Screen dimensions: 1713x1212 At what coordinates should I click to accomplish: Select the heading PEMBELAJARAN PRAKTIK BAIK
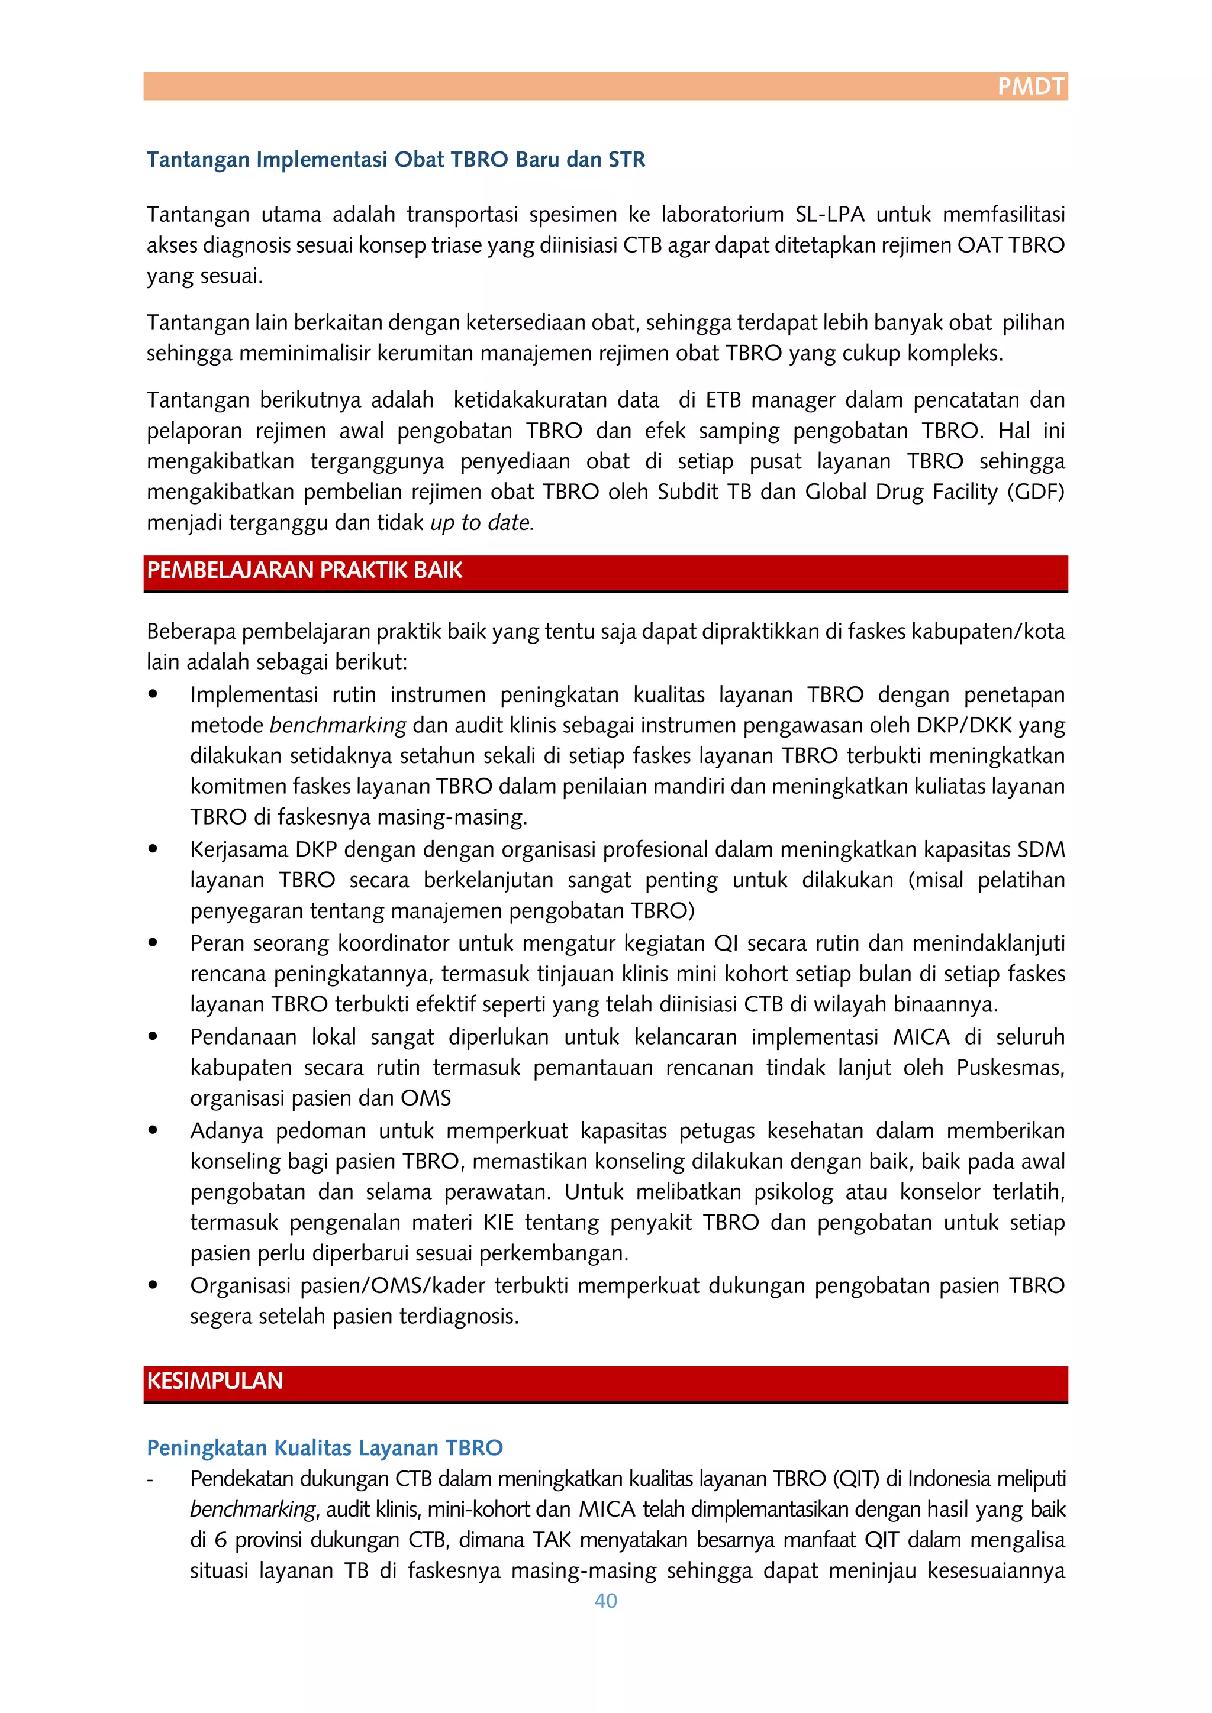[x=305, y=571]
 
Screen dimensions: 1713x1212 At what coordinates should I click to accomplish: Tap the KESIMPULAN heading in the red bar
[x=215, y=1381]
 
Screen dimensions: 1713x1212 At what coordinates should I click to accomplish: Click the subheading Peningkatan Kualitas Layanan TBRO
[x=325, y=1447]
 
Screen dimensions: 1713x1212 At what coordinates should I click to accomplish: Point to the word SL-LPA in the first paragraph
[x=829, y=215]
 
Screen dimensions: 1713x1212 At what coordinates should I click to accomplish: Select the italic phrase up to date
[x=482, y=523]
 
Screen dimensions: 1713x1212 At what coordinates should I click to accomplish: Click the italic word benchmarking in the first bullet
[x=337, y=726]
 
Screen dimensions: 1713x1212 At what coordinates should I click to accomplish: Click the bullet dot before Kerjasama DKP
[x=153, y=848]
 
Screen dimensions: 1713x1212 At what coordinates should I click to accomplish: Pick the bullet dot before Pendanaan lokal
[x=153, y=1036]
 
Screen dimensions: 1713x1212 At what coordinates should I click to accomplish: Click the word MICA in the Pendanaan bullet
[x=921, y=1037]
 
